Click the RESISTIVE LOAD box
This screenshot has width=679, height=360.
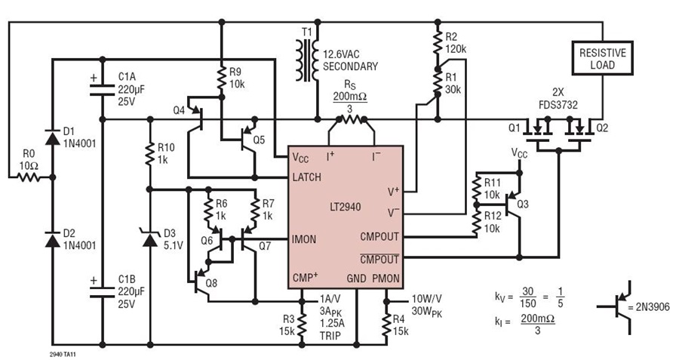(602, 58)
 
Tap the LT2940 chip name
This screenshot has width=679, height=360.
(345, 207)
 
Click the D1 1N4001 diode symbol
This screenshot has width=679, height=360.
(53, 138)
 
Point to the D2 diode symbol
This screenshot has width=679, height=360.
(53, 239)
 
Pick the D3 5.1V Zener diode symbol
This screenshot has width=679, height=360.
(150, 239)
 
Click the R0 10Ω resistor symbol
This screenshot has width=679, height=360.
(28, 177)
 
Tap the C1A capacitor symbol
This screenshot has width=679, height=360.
(103, 90)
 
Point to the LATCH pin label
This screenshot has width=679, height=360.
(306, 177)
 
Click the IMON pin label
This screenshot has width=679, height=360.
(304, 239)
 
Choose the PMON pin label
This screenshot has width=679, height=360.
(386, 278)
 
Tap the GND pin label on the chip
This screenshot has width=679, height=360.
(356, 278)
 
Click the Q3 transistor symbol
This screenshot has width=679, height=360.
(514, 204)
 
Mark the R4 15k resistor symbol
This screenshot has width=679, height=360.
(386, 324)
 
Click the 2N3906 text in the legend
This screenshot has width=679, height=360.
(653, 306)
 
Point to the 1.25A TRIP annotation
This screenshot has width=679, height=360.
(330, 330)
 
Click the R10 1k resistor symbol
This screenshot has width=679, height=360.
(150, 154)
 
